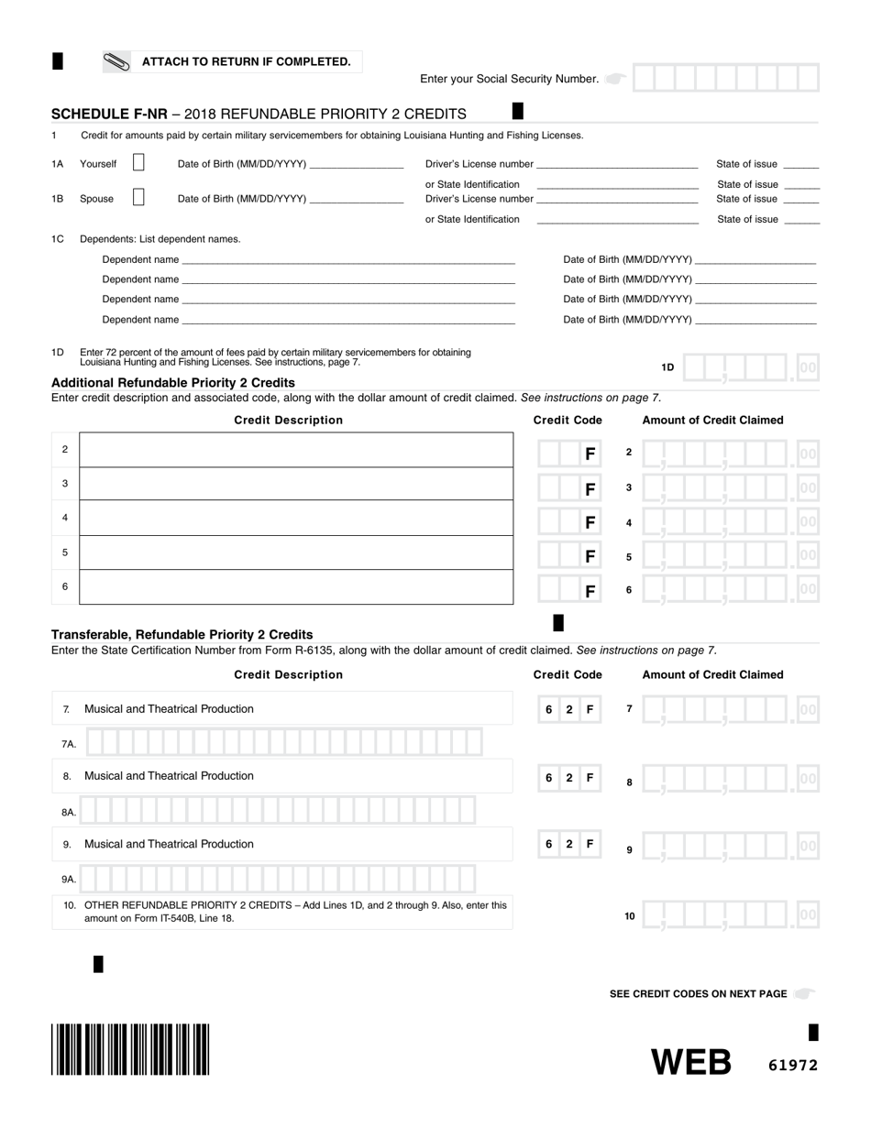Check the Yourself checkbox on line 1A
(138, 163)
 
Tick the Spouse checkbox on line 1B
(138, 197)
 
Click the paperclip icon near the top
(116, 62)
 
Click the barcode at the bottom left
(130, 1049)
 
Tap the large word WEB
(691, 1062)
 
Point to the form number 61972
(792, 1065)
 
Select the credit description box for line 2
(296, 450)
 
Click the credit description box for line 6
(296, 587)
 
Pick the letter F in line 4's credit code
(590, 522)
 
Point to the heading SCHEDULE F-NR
(109, 115)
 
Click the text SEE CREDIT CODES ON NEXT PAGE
(698, 994)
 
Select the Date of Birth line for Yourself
(357, 165)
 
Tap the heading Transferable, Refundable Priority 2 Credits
(182, 634)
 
